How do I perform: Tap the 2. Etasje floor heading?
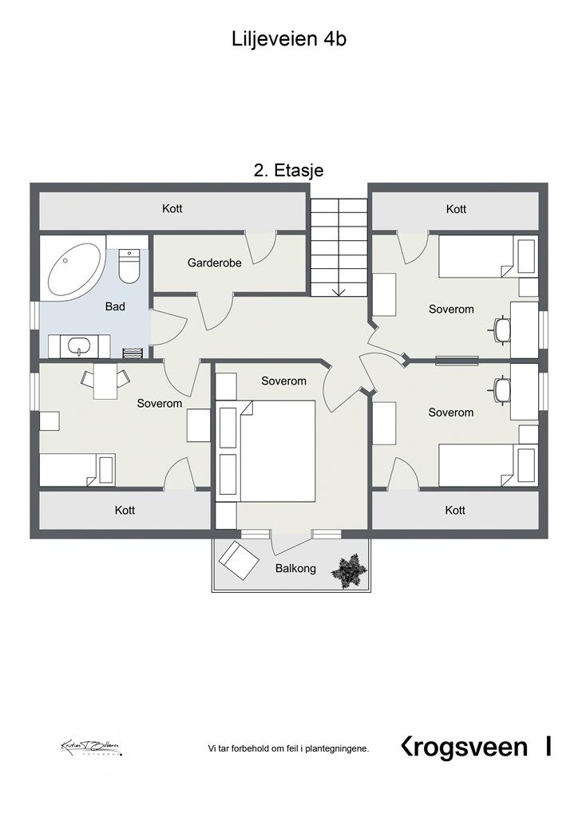288,169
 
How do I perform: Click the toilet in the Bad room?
129,266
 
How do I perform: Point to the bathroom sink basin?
79,346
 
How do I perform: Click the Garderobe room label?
209,262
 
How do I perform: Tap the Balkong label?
295,569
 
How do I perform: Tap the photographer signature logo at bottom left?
89,748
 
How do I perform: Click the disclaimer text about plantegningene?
288,748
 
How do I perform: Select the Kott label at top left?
172,209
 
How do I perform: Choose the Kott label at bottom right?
455,510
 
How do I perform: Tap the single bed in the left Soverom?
78,469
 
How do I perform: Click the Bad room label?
115,306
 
